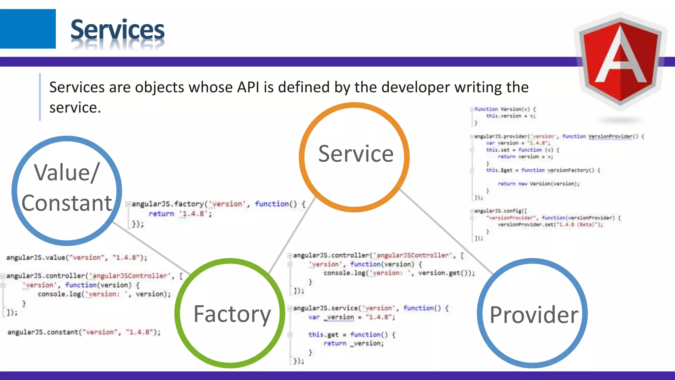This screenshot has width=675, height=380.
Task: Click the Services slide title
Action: [117, 30]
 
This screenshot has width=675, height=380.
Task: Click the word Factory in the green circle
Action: [232, 314]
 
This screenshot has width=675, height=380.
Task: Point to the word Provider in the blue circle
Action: [534, 315]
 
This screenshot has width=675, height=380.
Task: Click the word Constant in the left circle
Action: [67, 203]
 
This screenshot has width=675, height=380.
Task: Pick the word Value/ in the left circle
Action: [67, 173]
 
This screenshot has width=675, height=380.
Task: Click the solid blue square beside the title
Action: [28, 29]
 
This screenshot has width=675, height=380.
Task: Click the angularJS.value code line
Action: [76, 258]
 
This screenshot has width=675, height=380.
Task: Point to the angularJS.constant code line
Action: [84, 332]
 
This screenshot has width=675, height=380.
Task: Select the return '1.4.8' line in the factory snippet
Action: [180, 214]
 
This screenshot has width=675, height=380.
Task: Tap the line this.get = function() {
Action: [351, 334]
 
